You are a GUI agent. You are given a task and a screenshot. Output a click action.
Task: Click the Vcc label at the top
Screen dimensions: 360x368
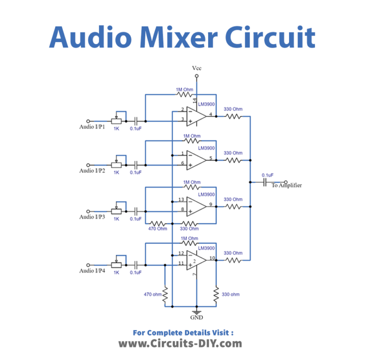[197, 67]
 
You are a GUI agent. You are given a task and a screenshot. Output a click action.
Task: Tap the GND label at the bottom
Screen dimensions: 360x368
[197, 317]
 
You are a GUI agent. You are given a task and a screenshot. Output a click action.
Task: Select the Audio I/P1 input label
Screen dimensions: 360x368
[92, 127]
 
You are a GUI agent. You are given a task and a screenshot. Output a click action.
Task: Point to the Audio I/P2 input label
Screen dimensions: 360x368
[92, 171]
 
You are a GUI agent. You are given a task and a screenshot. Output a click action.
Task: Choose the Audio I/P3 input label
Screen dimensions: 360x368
[92, 217]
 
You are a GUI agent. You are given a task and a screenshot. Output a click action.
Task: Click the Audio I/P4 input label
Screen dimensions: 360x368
[92, 270]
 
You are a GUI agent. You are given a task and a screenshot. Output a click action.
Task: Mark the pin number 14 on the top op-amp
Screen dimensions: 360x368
[194, 100]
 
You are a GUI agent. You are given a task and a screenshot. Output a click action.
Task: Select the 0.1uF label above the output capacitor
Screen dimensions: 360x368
[267, 175]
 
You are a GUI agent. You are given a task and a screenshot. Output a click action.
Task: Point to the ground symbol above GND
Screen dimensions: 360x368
[197, 310]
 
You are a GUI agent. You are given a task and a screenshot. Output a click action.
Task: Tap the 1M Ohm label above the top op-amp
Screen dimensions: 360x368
[184, 89]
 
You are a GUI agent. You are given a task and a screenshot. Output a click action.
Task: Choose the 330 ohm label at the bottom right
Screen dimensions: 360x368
[230, 294]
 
